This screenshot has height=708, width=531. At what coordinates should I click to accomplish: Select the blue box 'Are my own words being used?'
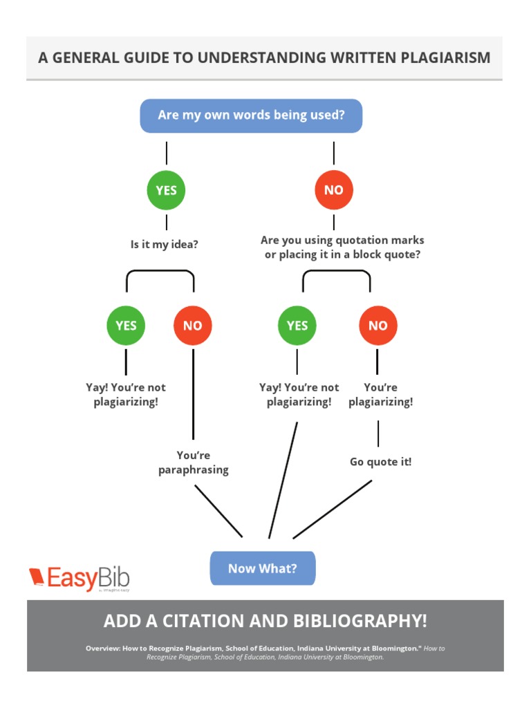251,115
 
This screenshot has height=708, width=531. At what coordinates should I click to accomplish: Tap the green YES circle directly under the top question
167,190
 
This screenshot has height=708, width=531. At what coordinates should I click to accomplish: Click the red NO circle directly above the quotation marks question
333,190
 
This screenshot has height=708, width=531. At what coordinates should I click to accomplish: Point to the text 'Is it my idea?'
165,245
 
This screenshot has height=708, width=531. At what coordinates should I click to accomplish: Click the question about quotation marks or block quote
342,248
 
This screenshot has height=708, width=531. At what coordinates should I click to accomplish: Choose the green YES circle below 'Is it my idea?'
126,326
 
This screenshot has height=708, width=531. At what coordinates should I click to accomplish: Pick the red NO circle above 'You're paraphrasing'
193,326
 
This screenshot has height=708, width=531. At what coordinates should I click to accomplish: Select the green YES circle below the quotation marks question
297,326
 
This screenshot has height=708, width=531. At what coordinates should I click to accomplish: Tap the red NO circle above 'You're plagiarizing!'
378,326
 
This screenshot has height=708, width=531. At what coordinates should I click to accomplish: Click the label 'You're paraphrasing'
194,463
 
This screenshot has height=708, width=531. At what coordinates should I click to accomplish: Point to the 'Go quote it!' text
380,462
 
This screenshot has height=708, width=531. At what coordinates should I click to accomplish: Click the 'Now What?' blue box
263,568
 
